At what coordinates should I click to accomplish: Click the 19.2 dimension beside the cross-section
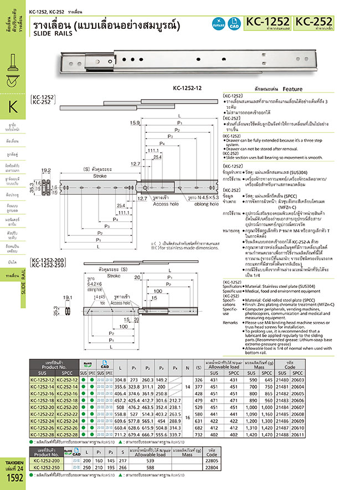45,171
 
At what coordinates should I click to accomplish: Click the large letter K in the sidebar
13,106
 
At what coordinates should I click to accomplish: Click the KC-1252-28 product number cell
47,435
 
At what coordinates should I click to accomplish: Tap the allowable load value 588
164,467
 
